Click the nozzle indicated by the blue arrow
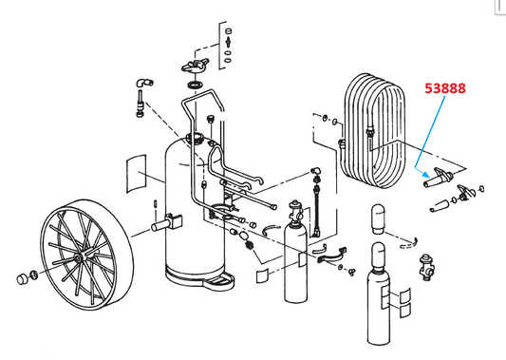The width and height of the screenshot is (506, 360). (x=439, y=180)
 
